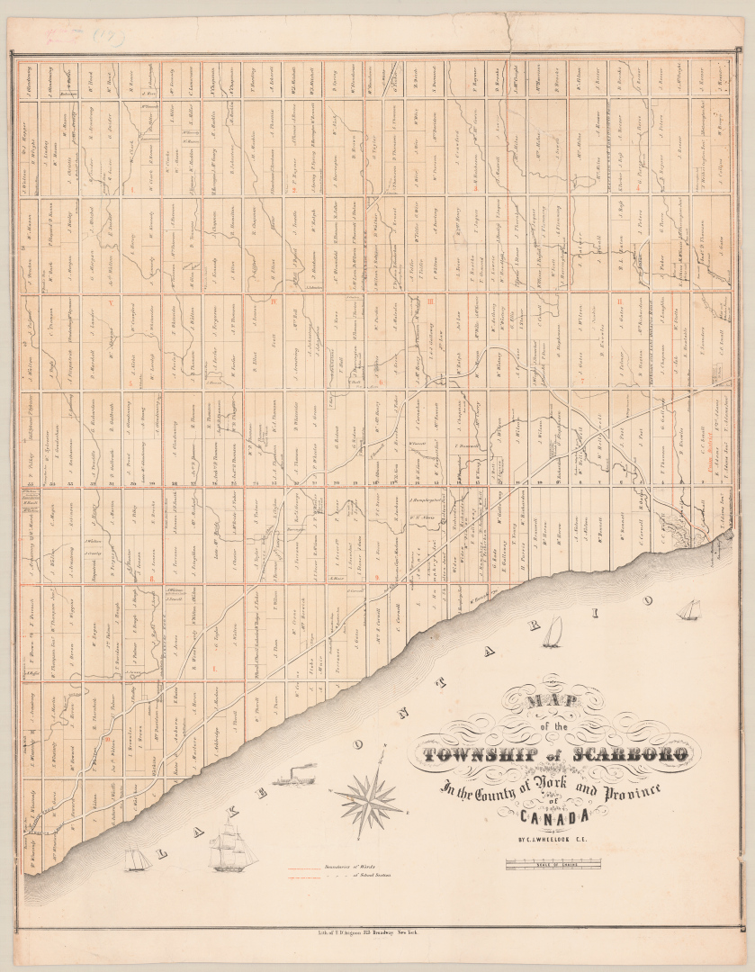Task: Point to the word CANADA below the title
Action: coord(553,816)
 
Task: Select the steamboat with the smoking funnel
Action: coord(295,778)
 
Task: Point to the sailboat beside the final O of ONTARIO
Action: coord(688,610)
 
